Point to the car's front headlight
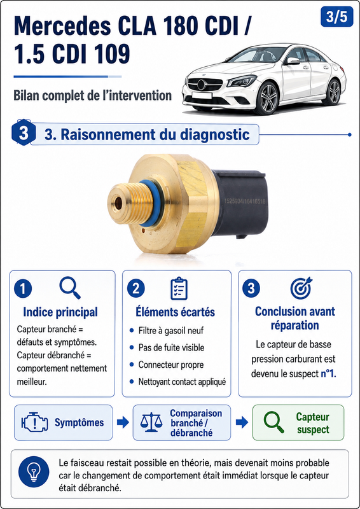point(242,81)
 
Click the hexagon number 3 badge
point(24,134)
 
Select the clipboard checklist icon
point(179,289)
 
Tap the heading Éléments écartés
point(175,312)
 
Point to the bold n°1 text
point(328,373)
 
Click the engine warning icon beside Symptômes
point(34,422)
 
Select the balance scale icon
point(151,422)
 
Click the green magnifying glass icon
point(273,422)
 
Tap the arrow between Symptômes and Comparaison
point(123,422)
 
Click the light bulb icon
point(34,471)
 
